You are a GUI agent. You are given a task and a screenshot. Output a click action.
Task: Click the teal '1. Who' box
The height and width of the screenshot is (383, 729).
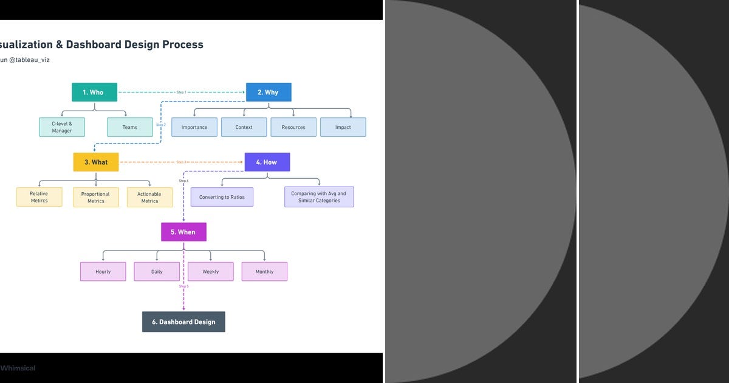[x=94, y=92]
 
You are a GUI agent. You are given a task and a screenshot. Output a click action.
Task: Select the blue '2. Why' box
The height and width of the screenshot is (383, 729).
[x=269, y=92]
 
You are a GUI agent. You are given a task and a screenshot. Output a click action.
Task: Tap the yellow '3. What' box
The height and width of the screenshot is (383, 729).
[x=96, y=162]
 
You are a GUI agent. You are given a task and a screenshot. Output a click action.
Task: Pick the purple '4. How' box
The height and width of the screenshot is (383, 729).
[x=267, y=162]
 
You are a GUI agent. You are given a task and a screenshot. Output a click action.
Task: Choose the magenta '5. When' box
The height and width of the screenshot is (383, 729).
[x=183, y=232]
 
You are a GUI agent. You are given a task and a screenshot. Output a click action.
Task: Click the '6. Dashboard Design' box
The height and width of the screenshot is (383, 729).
[x=183, y=322]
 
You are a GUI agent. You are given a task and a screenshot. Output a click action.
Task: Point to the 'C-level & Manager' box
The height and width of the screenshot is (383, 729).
[x=62, y=127]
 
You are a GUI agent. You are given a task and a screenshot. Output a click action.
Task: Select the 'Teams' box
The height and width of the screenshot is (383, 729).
[x=130, y=127]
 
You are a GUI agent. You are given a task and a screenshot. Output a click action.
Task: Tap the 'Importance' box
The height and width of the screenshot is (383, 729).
[x=194, y=127]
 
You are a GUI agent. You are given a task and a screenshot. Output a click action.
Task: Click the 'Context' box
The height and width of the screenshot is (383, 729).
[x=244, y=127]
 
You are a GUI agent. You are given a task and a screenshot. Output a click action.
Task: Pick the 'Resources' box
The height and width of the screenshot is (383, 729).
[x=293, y=127]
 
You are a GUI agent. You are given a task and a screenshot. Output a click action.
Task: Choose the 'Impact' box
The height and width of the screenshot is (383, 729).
[x=343, y=127]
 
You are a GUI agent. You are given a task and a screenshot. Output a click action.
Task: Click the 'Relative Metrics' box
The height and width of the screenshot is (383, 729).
[x=39, y=197]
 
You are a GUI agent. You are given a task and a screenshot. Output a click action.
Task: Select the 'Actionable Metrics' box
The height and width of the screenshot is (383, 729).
[x=150, y=197]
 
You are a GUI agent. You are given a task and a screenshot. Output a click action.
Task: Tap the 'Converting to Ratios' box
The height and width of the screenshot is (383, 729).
[x=222, y=197]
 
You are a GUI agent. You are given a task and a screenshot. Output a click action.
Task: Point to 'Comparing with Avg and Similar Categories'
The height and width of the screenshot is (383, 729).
[x=319, y=197]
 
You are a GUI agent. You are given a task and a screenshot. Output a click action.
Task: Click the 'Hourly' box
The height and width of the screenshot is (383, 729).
[x=103, y=272]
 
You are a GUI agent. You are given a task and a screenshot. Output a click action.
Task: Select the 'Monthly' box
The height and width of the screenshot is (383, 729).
[x=264, y=272]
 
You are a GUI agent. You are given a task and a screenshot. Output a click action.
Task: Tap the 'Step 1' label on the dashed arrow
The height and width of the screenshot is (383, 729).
[x=181, y=92]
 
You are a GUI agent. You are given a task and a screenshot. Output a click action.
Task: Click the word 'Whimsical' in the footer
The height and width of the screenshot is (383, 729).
[x=18, y=368]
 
